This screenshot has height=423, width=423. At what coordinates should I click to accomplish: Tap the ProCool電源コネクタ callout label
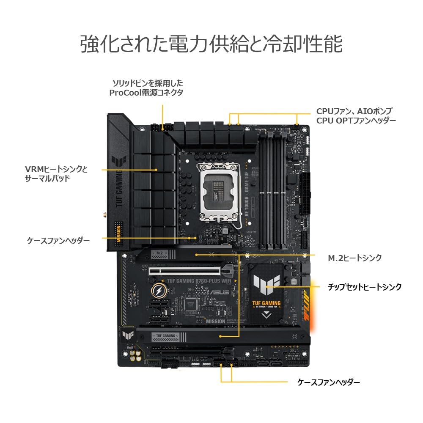tap(146, 88)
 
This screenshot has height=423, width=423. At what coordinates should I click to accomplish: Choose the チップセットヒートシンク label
tap(365, 287)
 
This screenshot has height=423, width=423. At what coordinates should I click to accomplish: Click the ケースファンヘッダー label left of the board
tap(58, 240)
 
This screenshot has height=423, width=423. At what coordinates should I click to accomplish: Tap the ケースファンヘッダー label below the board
tap(329, 382)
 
